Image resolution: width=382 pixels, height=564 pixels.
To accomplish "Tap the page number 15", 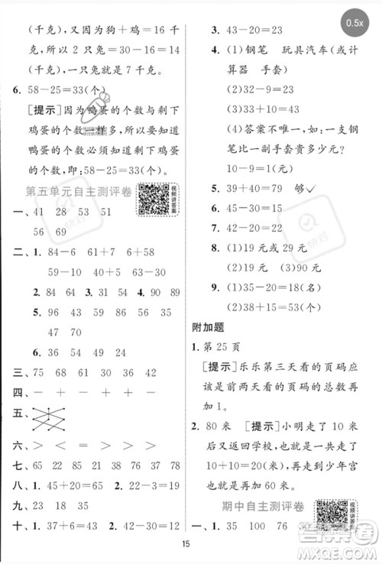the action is (190, 543).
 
